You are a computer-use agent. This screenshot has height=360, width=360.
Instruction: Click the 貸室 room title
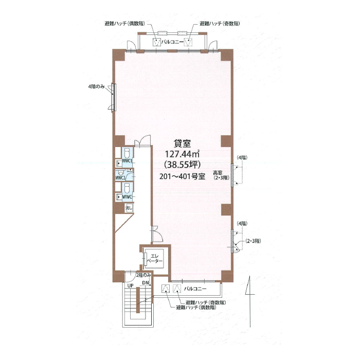click(182, 143)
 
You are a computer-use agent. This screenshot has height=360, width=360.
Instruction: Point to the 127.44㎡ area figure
click(182, 154)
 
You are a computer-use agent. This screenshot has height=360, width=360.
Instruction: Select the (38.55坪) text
click(182, 165)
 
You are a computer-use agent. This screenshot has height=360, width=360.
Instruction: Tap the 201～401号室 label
click(182, 176)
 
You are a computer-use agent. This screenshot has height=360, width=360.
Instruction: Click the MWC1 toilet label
click(127, 160)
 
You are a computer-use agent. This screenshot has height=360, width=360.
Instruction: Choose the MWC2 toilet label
click(120, 177)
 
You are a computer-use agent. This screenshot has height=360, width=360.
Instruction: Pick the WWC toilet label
click(127, 197)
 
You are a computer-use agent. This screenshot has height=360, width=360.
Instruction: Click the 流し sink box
click(129, 208)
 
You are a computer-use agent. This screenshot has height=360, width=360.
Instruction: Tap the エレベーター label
click(155, 259)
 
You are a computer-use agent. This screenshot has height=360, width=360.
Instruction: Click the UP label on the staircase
click(131, 285)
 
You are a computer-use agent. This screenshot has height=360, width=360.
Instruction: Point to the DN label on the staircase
click(146, 283)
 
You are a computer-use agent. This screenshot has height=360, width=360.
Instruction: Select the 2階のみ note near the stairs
click(143, 275)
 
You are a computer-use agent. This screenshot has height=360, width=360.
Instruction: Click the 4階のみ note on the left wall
click(97, 86)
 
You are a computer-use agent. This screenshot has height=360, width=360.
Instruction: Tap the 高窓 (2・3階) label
click(221, 175)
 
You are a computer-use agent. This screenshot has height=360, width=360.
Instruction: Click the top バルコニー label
click(172, 42)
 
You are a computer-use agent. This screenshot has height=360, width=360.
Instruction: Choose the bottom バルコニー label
click(195, 289)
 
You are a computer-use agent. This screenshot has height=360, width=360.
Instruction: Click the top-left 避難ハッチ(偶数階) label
click(125, 24)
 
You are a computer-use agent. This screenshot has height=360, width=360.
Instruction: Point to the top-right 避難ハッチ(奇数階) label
click(220, 24)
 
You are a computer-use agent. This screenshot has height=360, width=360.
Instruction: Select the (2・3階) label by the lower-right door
click(253, 241)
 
